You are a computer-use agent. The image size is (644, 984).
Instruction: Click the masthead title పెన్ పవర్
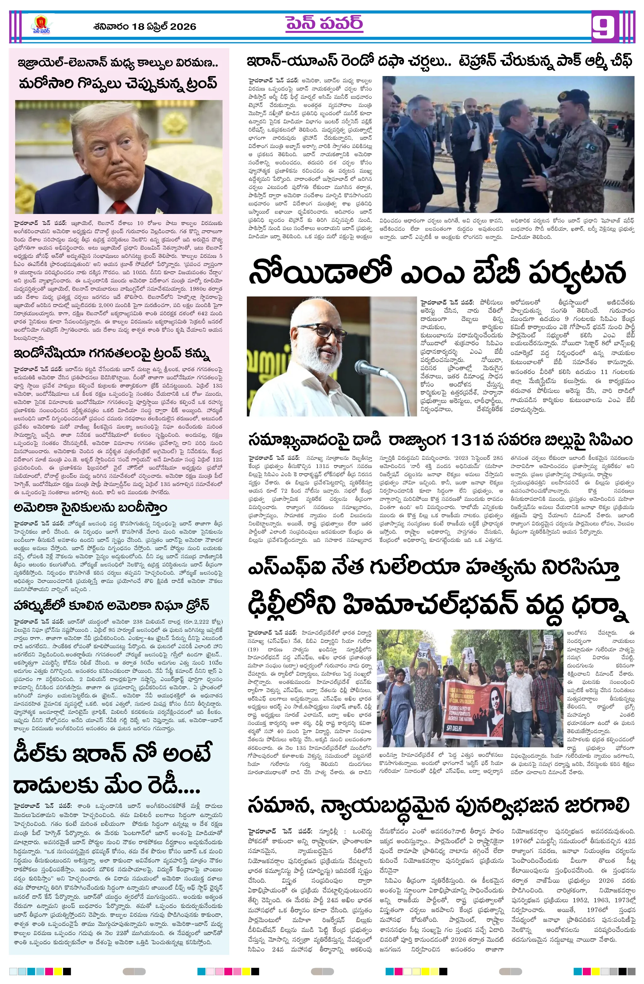(x=324, y=24)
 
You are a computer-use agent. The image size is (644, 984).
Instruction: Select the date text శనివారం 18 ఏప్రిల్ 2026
(x=145, y=27)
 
